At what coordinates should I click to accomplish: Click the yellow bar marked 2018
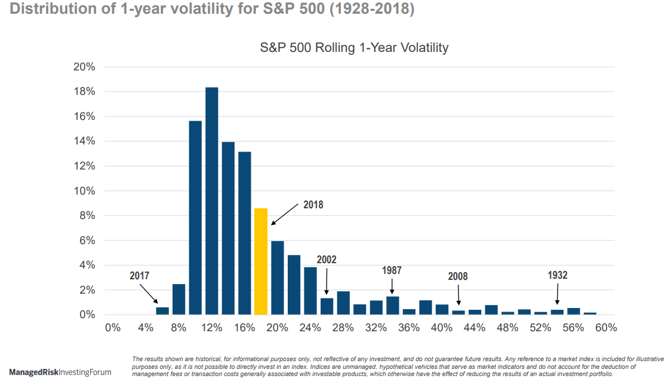click(260, 261)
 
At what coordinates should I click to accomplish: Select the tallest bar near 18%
click(211, 201)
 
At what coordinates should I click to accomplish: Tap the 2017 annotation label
click(139, 276)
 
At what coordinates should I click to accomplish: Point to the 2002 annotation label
click(327, 260)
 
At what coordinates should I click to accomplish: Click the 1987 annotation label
click(392, 270)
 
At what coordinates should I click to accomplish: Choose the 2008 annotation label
click(458, 276)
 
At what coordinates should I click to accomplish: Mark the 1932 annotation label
click(557, 275)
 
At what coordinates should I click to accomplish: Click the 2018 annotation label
click(313, 205)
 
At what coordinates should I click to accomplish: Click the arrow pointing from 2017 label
click(149, 293)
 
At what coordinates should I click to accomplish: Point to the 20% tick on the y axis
click(84, 67)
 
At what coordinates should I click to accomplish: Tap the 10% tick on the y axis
click(84, 191)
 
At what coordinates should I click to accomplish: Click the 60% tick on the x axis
click(606, 328)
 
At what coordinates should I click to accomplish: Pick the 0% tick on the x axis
click(113, 328)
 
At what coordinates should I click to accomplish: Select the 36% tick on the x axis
click(409, 328)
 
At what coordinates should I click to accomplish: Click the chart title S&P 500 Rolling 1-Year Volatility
click(353, 48)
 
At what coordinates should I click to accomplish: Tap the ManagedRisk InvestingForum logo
click(60, 372)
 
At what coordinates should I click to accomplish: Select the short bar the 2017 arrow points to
click(162, 310)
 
